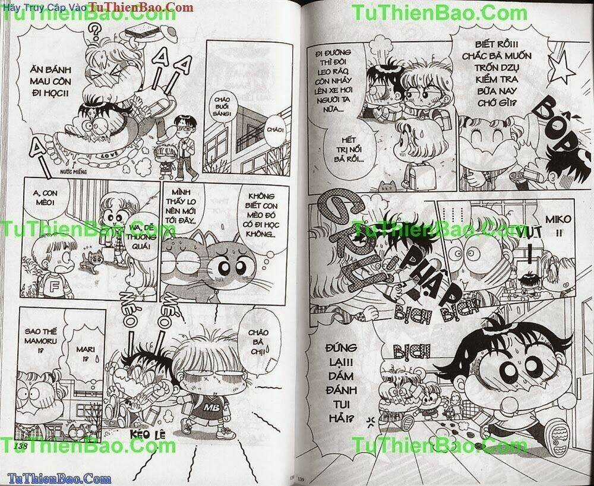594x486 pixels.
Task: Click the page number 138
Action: (x=22, y=446)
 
